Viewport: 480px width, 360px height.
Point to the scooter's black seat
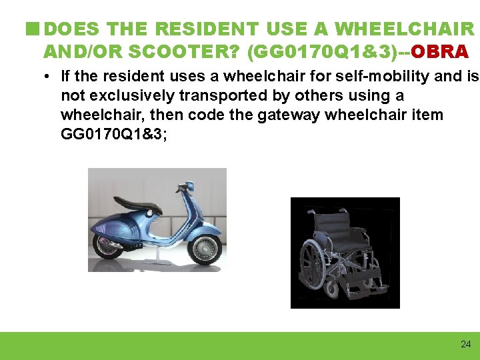tap(137, 203)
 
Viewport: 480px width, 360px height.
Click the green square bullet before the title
tap(31, 29)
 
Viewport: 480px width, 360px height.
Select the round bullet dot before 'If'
tap(49, 77)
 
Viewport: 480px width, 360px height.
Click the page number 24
tap(465, 344)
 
